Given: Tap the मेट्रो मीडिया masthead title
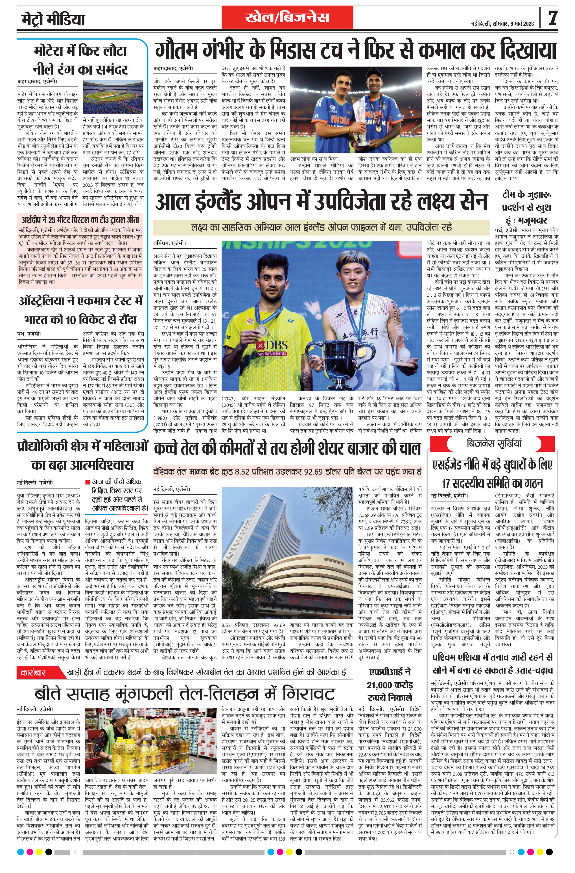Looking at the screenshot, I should pyautogui.click(x=51, y=19).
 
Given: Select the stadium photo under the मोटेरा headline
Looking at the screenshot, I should pyautogui.click(x=113, y=97).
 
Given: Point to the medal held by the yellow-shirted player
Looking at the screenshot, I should pyautogui.click(x=262, y=330).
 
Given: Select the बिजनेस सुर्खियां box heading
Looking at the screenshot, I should pyautogui.click(x=494, y=443).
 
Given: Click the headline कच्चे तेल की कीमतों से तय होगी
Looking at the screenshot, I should pyautogui.click(x=287, y=449).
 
